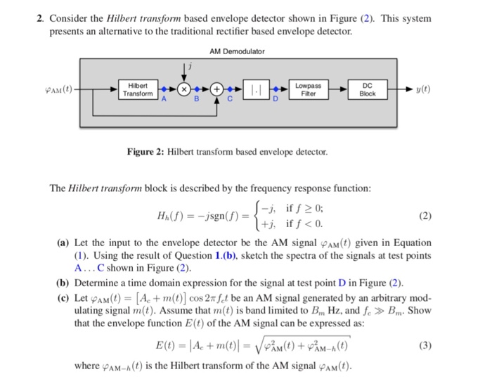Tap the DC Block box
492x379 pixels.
click(368, 89)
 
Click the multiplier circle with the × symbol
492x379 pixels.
click(184, 90)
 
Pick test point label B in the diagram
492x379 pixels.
click(197, 101)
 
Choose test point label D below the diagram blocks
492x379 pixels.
click(276, 101)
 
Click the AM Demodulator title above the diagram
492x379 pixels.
click(237, 51)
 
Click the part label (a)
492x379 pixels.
click(62, 243)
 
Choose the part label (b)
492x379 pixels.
click(62, 283)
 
